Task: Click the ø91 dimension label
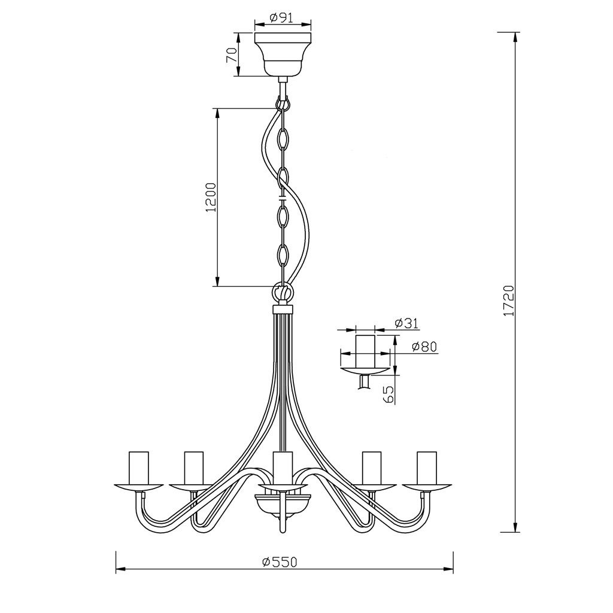(x=281, y=17)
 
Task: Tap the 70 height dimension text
(x=231, y=55)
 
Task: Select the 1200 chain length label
(x=211, y=197)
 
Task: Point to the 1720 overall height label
(x=508, y=301)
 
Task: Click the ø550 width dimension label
(x=280, y=562)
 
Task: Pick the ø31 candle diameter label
(x=406, y=323)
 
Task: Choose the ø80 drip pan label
(x=424, y=347)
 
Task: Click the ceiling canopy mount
(x=283, y=54)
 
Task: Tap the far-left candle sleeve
(x=139, y=468)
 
